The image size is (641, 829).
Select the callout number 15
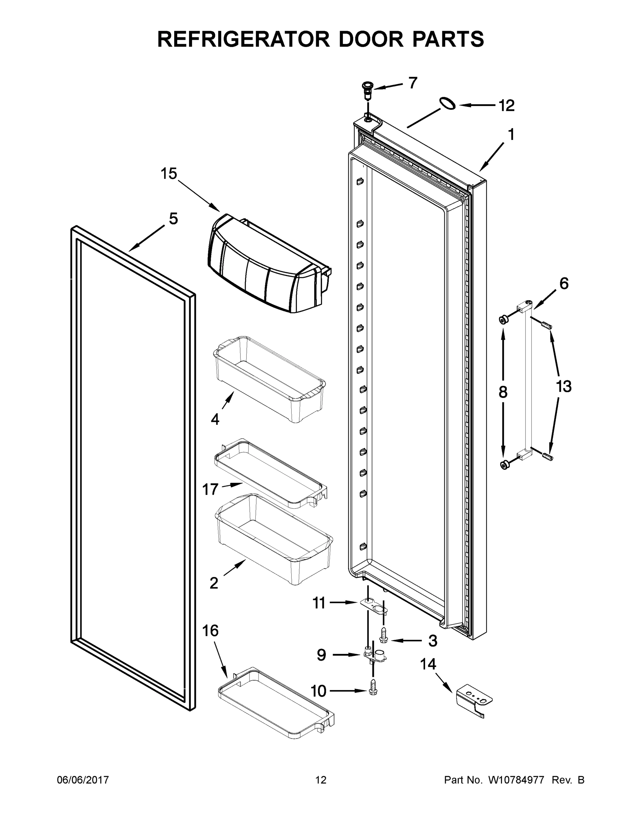point(169,174)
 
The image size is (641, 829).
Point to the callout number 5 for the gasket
point(173,219)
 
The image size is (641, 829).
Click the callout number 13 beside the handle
point(564,387)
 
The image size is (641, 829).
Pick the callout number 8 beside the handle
point(503,392)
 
